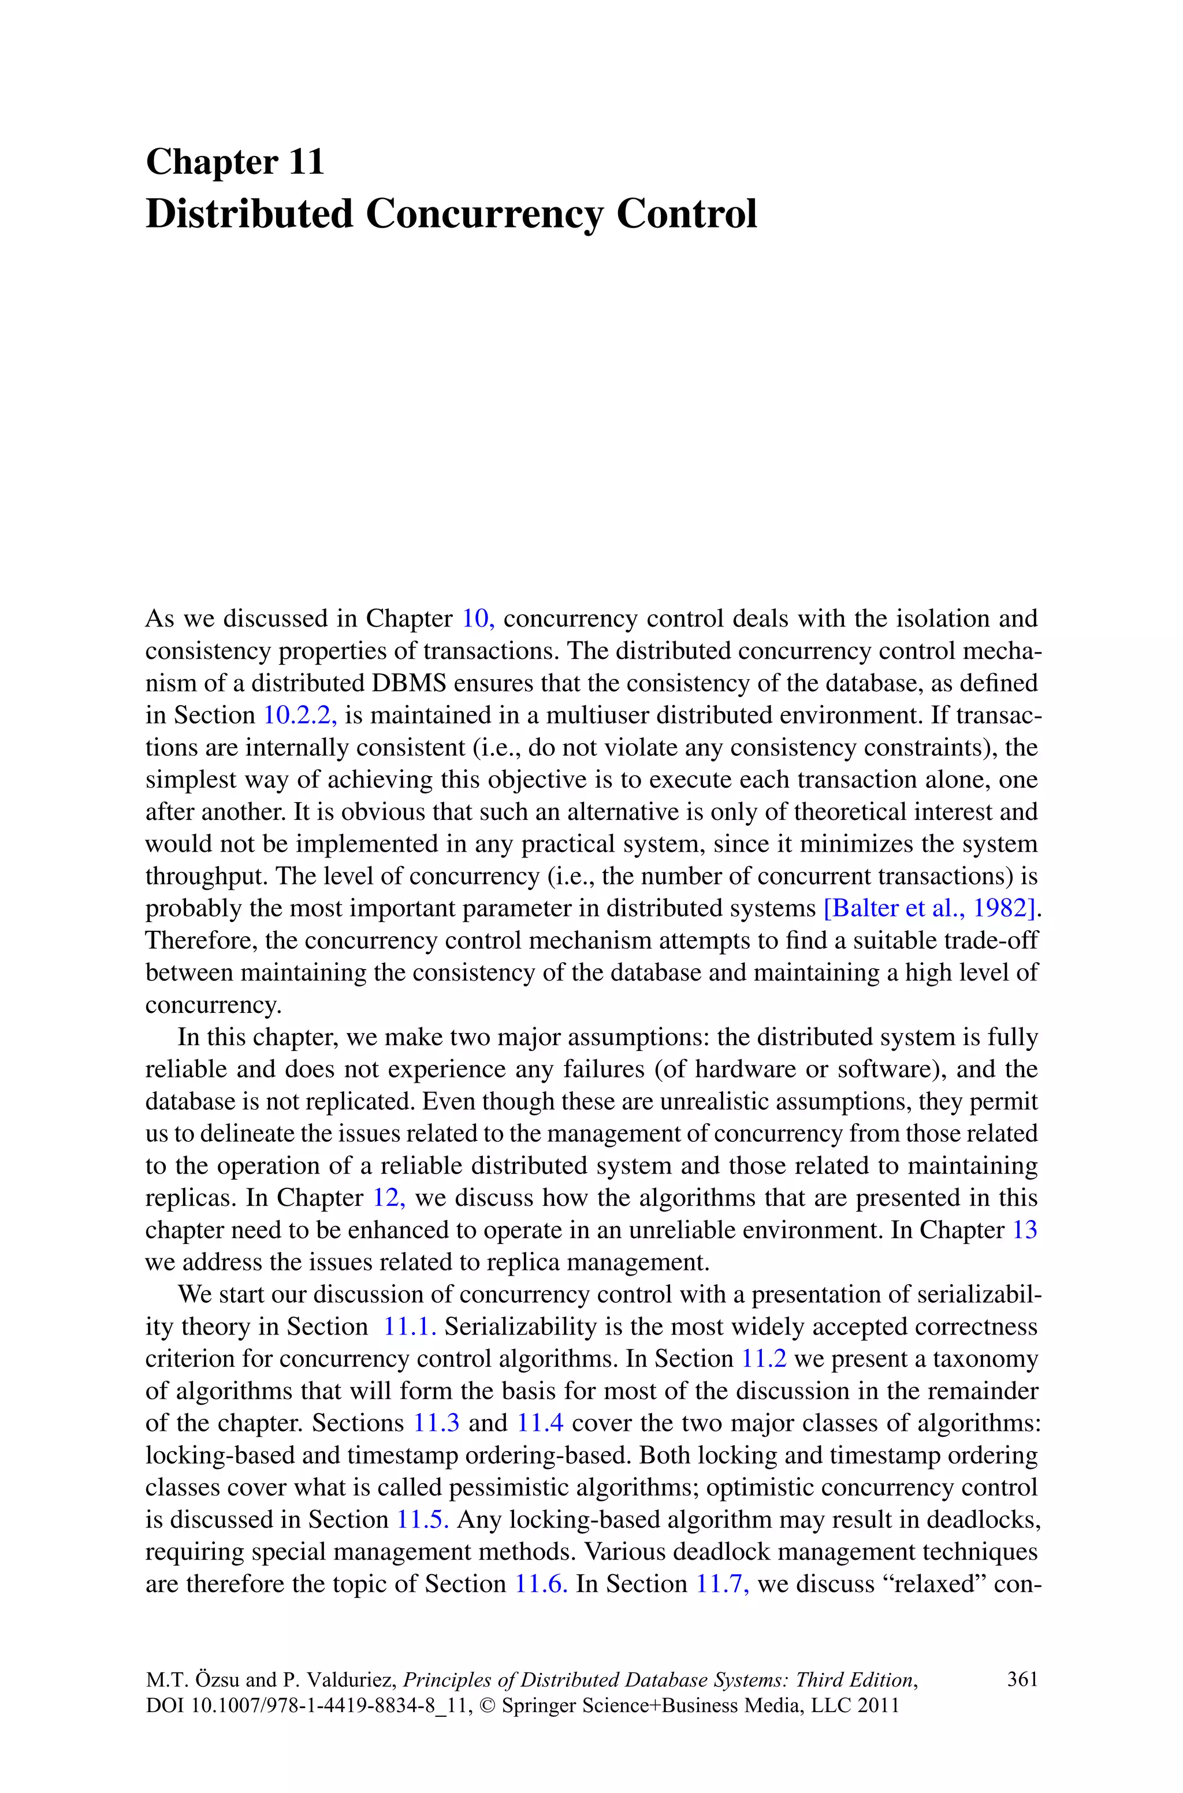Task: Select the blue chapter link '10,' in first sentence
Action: [477, 618]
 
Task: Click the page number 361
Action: [1022, 1680]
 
